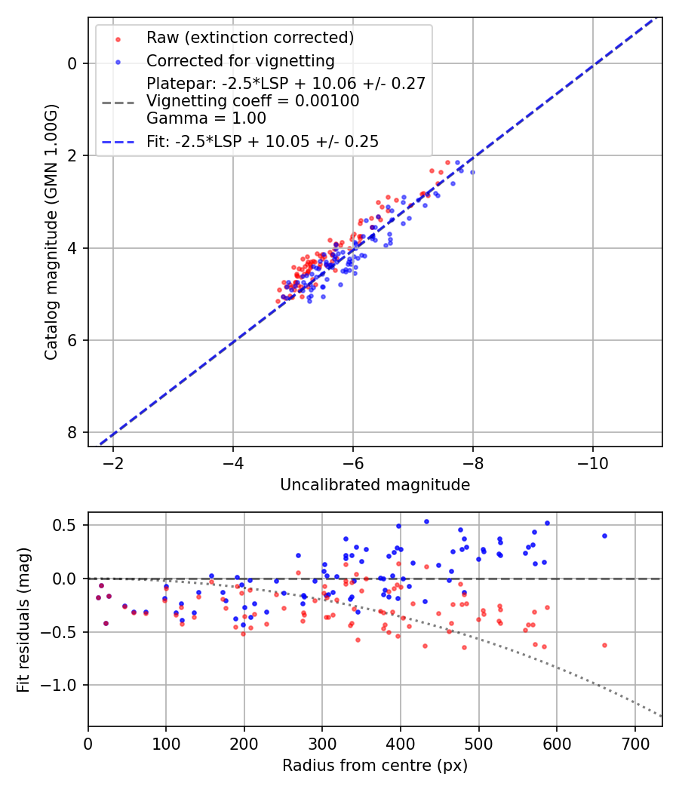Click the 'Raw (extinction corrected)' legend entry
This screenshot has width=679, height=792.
pyautogui.click(x=250, y=38)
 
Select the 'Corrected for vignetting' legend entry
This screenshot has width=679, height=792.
pyautogui.click(x=240, y=60)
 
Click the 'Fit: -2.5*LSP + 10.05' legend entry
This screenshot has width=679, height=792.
pyautogui.click(x=262, y=141)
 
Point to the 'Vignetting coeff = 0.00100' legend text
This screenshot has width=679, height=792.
pyautogui.click(x=253, y=101)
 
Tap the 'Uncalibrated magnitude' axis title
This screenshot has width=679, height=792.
pyautogui.click(x=375, y=485)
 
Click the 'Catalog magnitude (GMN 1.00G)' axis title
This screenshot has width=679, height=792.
pyautogui.click(x=51, y=232)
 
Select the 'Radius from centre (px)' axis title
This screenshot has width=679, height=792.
pyautogui.click(x=375, y=766)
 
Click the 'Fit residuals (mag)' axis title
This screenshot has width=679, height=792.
pyautogui.click(x=23, y=620)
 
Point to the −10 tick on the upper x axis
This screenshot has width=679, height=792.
pyautogui.click(x=592, y=459)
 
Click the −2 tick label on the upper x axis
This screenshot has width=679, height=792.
pyautogui.click(x=113, y=459)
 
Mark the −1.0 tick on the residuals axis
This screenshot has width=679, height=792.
pyautogui.click(x=66, y=685)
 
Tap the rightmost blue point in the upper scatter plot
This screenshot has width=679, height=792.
pyautogui.click(x=472, y=172)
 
